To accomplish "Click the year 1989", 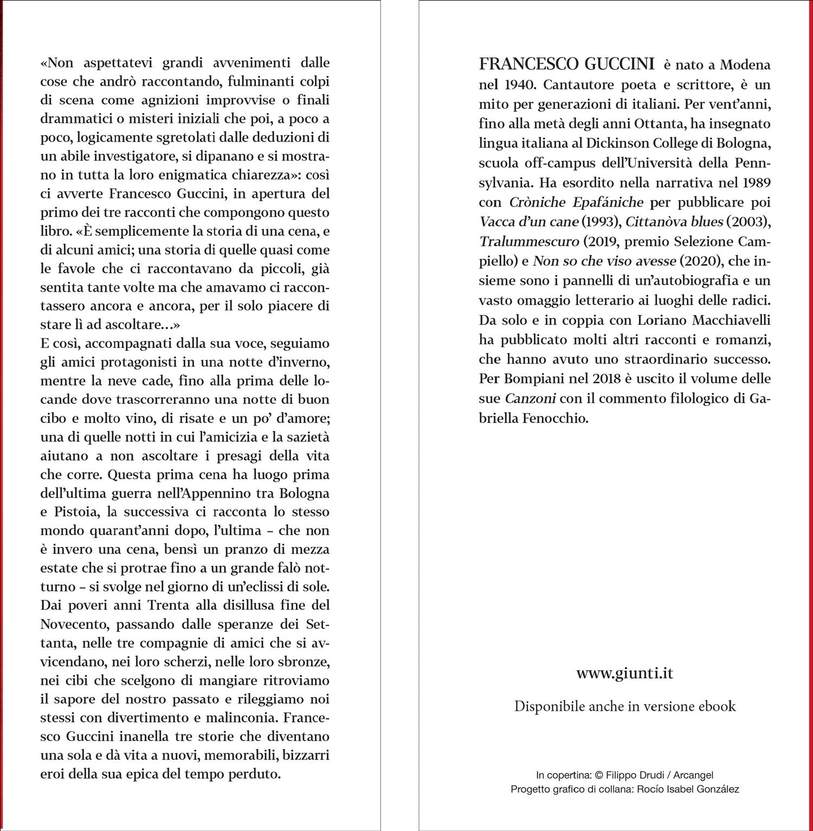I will (754, 183).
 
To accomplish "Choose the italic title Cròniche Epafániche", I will (576, 202).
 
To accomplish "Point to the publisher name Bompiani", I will (533, 378).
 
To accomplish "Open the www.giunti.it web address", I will (624, 673).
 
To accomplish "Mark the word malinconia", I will (237, 718).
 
